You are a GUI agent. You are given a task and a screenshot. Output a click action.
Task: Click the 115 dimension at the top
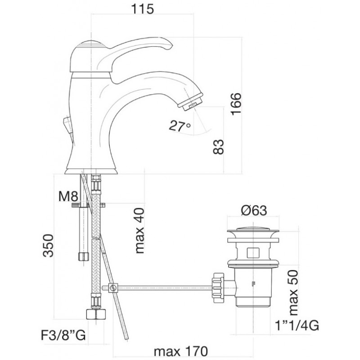(142, 9)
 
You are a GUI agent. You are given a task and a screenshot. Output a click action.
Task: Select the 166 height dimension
(236, 104)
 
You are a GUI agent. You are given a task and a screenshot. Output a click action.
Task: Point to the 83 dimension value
(218, 147)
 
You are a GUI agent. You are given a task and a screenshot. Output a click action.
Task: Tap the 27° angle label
(180, 126)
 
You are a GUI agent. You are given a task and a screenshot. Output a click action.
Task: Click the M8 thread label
(68, 196)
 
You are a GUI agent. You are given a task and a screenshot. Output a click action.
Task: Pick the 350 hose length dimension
(49, 245)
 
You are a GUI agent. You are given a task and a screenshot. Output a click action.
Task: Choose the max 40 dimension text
(139, 230)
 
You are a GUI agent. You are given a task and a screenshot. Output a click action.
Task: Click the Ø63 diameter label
(254, 210)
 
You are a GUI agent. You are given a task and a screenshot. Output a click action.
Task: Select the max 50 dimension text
(293, 293)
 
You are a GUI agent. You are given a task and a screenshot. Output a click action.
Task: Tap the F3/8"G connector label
(63, 335)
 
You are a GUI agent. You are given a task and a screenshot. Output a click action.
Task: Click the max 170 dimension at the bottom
(181, 351)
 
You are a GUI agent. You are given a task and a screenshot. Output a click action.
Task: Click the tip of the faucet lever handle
(171, 45)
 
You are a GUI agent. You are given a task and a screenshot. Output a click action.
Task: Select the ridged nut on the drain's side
(218, 287)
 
